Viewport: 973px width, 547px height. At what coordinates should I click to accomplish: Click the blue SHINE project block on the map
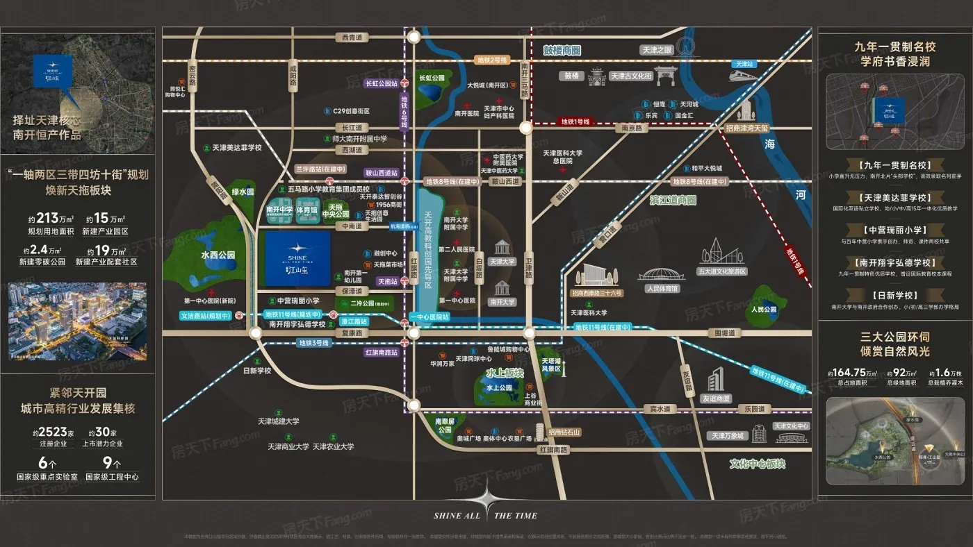[297, 258]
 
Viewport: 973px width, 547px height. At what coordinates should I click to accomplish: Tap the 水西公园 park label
[215, 255]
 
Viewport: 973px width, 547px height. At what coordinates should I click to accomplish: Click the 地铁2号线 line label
[492, 60]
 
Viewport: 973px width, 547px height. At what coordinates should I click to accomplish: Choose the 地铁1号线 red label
[575, 121]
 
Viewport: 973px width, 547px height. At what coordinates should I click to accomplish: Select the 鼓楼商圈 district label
[562, 50]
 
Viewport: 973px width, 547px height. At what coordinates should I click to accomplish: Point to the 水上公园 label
[499, 389]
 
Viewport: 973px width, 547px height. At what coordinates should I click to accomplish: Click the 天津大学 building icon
[502, 248]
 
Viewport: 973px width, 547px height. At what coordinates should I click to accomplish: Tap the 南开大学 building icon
[502, 288]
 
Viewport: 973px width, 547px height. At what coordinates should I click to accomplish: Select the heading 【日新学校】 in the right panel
[894, 294]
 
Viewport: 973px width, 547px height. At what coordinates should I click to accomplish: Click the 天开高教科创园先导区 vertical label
[429, 251]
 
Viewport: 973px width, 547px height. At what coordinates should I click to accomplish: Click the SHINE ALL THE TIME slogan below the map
[485, 516]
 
